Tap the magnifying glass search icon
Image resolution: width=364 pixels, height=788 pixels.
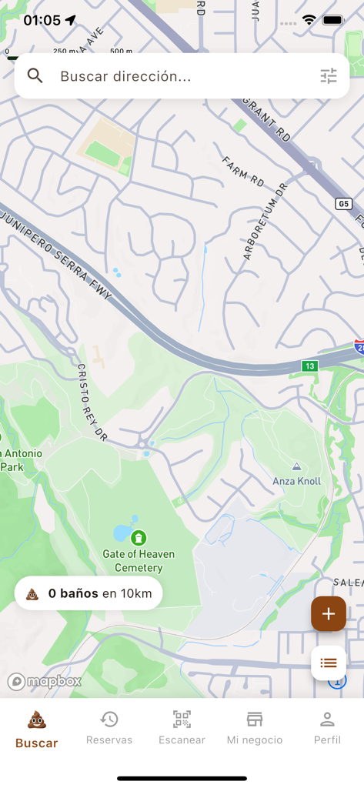click(35, 75)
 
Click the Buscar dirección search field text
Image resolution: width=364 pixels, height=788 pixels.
click(125, 76)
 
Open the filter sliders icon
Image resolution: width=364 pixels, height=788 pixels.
click(329, 75)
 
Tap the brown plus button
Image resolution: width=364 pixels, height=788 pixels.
click(329, 613)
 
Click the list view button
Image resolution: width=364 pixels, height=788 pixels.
click(329, 663)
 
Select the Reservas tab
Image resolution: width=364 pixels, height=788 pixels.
click(109, 728)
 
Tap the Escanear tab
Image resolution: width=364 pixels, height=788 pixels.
click(182, 728)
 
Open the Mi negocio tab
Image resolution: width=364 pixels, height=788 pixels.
click(254, 728)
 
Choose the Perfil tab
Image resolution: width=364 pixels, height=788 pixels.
click(327, 728)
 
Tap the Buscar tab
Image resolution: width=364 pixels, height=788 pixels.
click(36, 730)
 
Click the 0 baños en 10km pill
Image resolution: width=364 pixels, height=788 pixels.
click(88, 593)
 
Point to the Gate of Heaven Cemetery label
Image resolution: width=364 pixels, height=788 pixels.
click(139, 561)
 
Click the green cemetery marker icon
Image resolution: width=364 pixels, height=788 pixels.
click(139, 537)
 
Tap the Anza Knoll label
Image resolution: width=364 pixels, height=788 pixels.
click(296, 481)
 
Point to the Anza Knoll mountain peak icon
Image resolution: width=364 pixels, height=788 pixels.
click(296, 466)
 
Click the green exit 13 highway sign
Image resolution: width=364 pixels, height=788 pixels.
click(309, 366)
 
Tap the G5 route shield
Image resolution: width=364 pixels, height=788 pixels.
click(344, 203)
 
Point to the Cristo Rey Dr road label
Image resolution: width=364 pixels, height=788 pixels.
click(90, 402)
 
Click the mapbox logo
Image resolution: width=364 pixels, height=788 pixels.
click(45, 681)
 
